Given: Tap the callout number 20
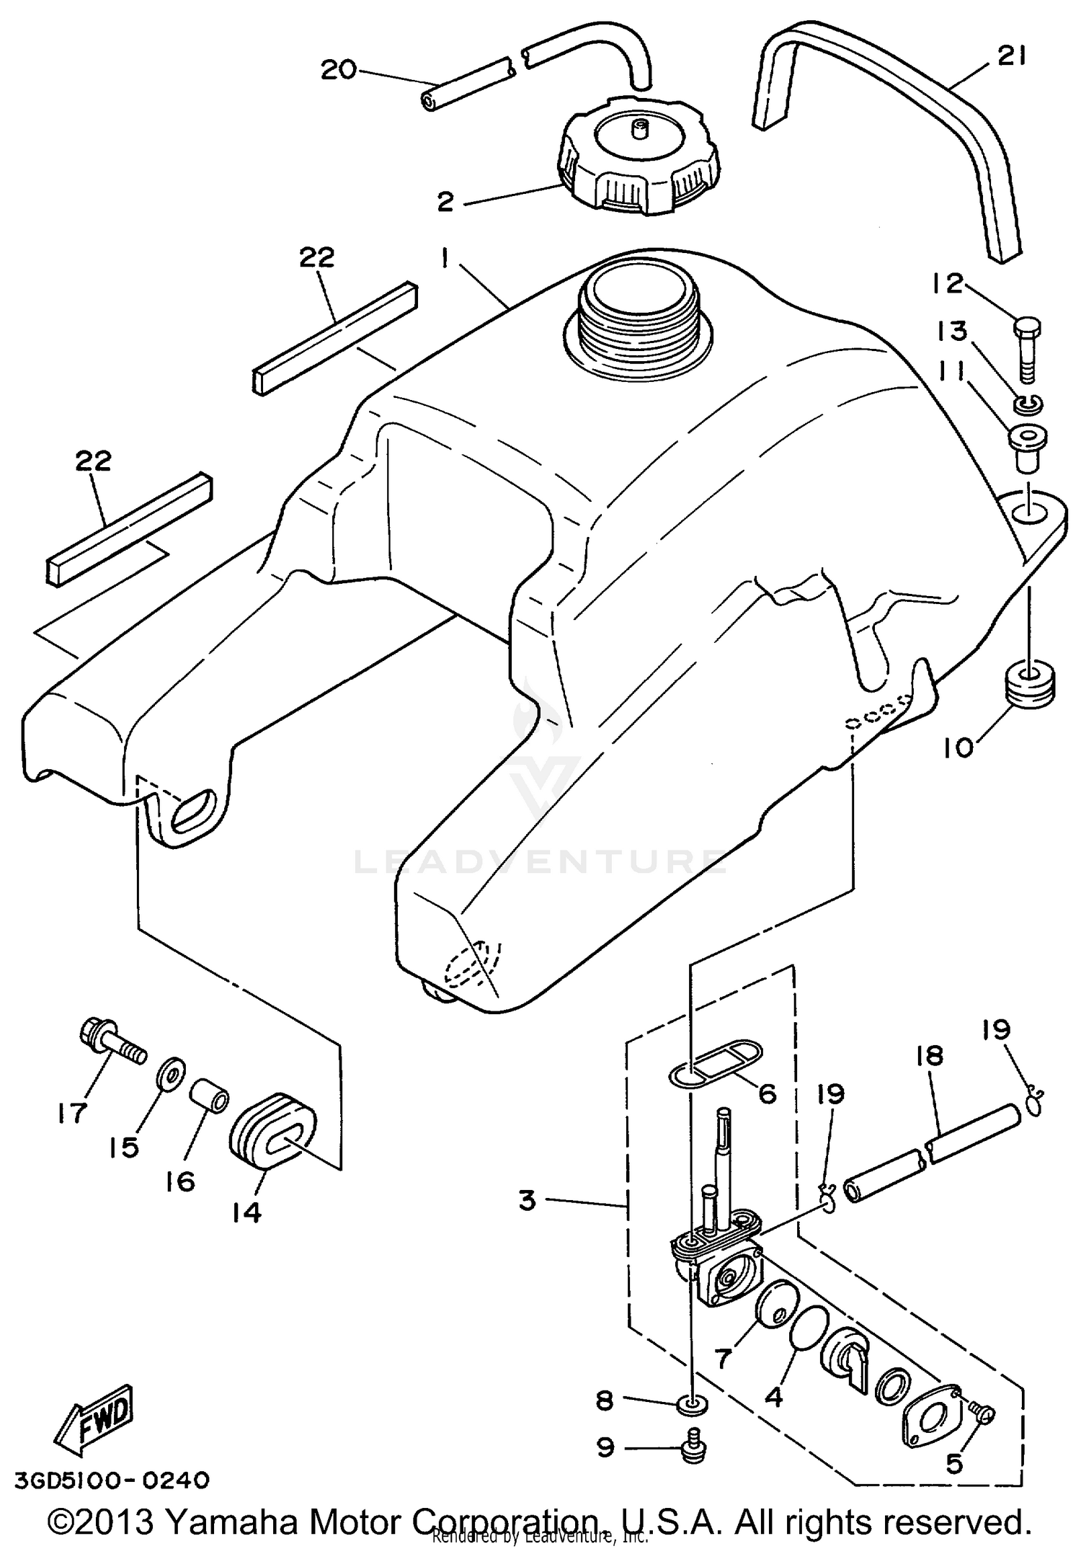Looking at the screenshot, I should tap(339, 70).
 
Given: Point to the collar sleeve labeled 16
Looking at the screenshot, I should tap(210, 1104).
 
